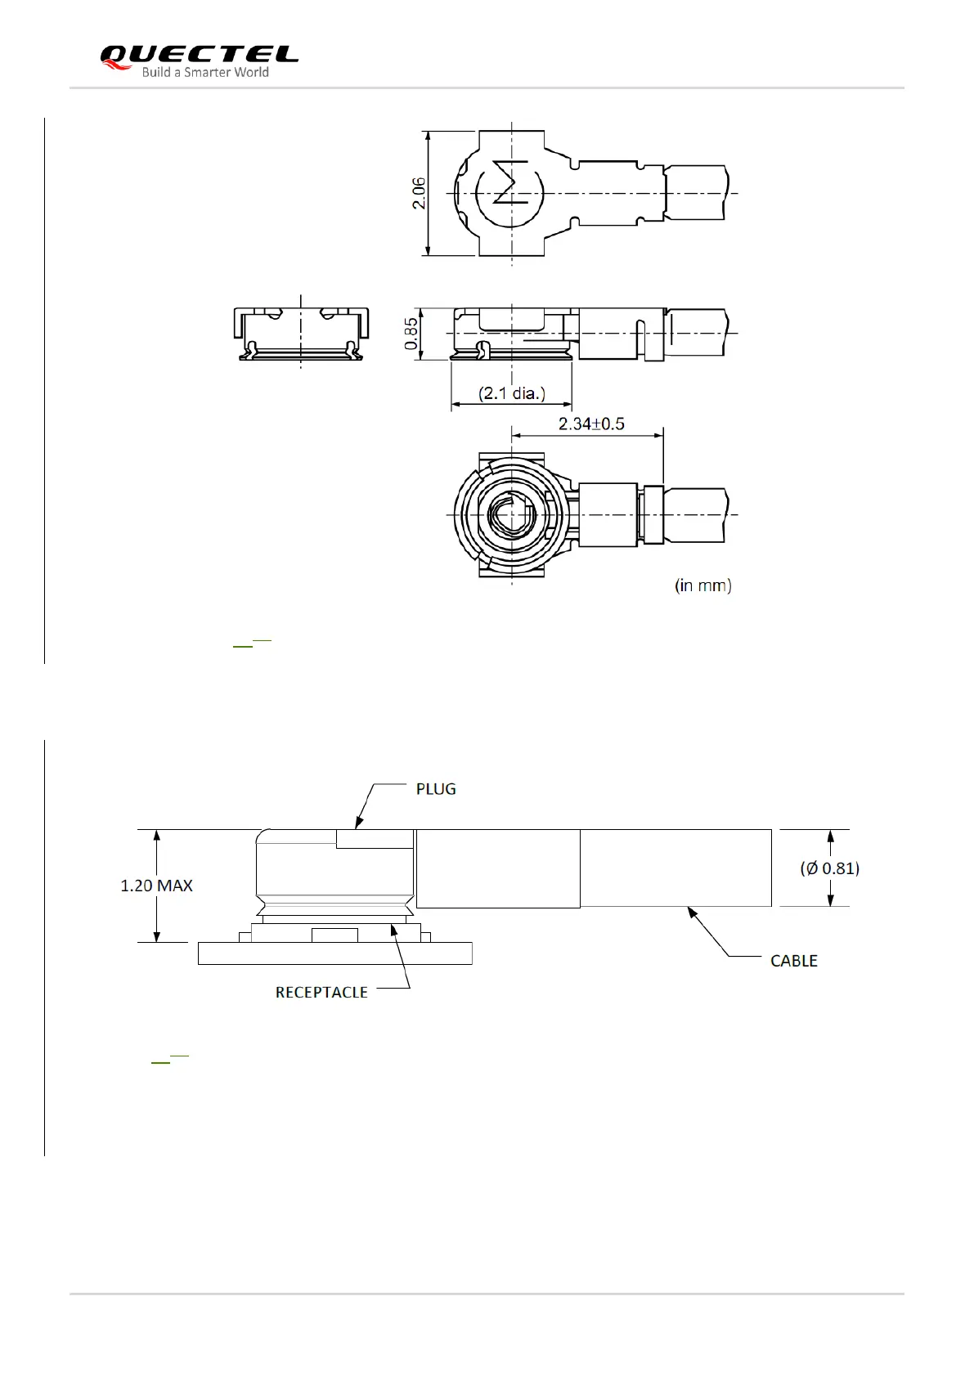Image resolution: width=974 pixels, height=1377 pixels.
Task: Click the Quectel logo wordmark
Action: [200, 55]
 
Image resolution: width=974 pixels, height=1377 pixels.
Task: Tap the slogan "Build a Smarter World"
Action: [205, 73]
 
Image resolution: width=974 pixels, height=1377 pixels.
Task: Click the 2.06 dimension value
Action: [419, 193]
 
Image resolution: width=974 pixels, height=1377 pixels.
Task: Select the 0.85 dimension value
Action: [411, 334]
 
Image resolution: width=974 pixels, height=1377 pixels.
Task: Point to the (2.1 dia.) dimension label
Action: [512, 392]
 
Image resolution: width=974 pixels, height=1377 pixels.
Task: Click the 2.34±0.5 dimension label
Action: [591, 424]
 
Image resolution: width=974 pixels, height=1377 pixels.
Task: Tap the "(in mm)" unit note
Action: [702, 585]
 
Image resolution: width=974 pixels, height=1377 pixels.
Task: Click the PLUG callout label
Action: [436, 789]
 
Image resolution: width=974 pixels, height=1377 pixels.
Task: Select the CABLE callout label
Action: [794, 961]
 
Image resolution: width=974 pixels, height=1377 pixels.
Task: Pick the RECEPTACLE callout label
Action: [321, 992]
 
